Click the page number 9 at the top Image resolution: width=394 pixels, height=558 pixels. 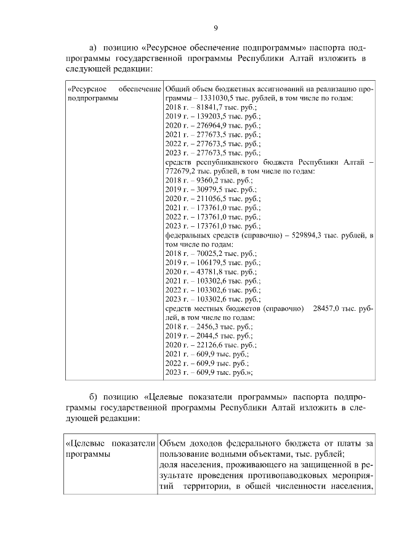215,27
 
